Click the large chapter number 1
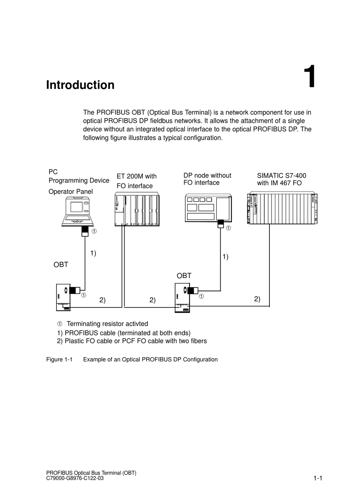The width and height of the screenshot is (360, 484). (x=310, y=78)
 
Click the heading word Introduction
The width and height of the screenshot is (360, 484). (x=80, y=85)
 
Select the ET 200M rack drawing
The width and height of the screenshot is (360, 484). (x=137, y=209)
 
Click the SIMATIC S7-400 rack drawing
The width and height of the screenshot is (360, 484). (x=282, y=208)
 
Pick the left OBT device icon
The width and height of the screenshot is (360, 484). (x=63, y=297)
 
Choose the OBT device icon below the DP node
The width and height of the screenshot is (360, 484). (x=182, y=298)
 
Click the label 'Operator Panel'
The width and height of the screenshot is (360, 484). (x=70, y=192)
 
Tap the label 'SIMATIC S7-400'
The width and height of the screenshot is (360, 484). (x=282, y=176)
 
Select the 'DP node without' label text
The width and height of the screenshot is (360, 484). (x=207, y=175)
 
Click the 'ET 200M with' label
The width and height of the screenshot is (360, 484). (x=136, y=176)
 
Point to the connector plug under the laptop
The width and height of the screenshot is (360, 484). (x=85, y=231)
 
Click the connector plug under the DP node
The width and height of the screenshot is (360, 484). (x=221, y=224)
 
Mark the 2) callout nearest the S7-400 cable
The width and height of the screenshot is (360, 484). (x=257, y=299)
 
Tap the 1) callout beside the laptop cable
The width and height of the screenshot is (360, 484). (x=93, y=253)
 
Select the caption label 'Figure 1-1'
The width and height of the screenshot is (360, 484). (x=59, y=359)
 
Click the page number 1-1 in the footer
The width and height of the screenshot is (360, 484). (x=318, y=478)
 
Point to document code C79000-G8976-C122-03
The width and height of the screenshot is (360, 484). (x=75, y=478)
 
